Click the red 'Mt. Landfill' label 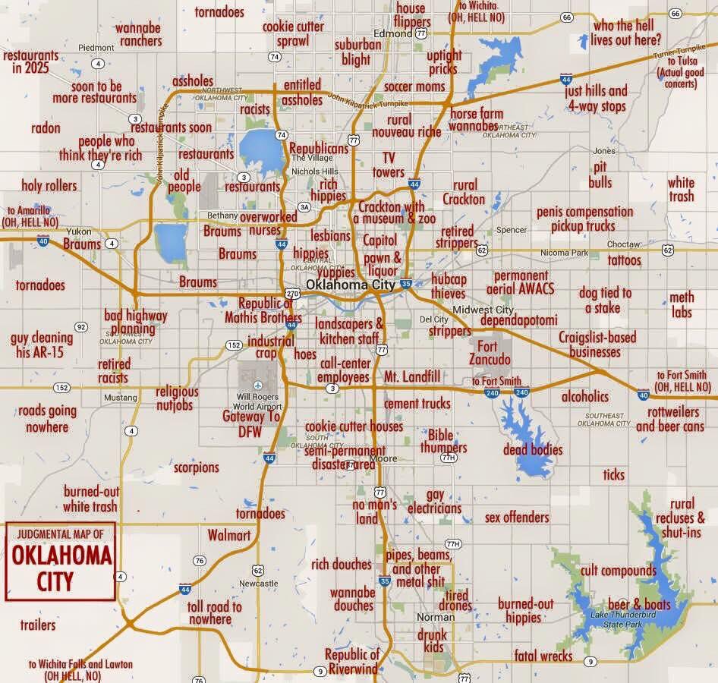click(x=412, y=377)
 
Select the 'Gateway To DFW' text click(x=251, y=423)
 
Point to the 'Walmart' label click(x=229, y=536)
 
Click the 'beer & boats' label click(x=639, y=604)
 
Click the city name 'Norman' click(x=436, y=617)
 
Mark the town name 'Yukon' click(x=79, y=231)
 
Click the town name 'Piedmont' click(x=96, y=47)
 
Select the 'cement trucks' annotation click(x=417, y=403)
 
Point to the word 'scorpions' click(x=196, y=467)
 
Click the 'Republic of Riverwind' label click(x=352, y=661)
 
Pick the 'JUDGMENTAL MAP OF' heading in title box click(x=60, y=534)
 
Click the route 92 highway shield click(x=81, y=327)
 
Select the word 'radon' click(x=46, y=128)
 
